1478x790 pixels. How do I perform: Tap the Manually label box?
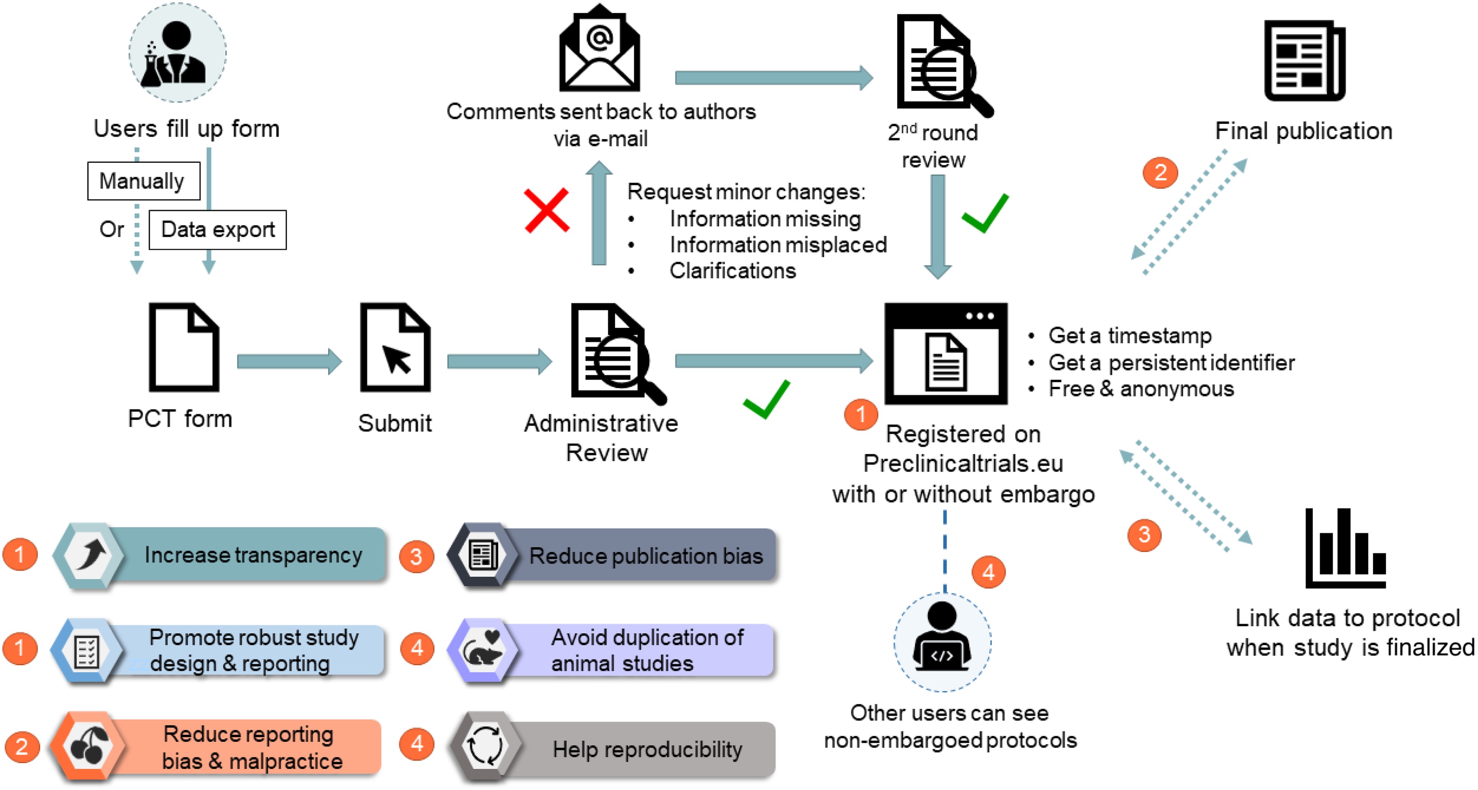pyautogui.click(x=144, y=181)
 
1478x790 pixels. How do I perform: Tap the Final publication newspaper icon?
pyautogui.click(x=1304, y=60)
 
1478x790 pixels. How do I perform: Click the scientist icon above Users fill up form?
pyautogui.click(x=177, y=53)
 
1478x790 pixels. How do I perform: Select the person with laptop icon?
pyautogui.click(x=942, y=639)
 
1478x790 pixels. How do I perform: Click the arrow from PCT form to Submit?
pyautogui.click(x=289, y=361)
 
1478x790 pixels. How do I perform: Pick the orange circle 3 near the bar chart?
pyautogui.click(x=1144, y=535)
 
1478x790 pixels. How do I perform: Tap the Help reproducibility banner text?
pyautogui.click(x=647, y=749)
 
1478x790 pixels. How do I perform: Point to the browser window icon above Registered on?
pyautogui.click(x=946, y=354)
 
